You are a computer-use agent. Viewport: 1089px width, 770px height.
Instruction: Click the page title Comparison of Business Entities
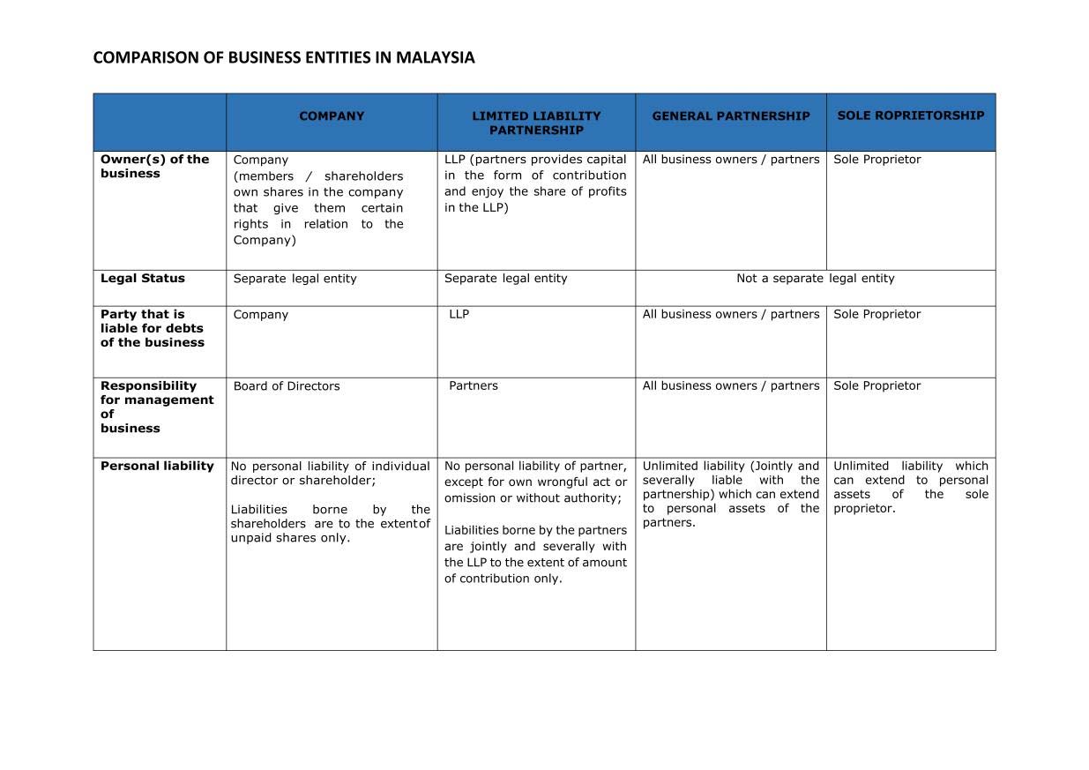point(283,58)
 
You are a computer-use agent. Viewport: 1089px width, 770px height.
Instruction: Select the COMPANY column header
point(332,116)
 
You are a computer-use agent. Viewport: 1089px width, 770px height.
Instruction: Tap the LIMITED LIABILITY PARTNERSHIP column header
point(536,123)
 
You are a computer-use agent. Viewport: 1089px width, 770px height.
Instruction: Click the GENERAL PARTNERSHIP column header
point(730,116)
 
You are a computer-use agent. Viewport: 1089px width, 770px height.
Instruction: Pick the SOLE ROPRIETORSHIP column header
point(910,115)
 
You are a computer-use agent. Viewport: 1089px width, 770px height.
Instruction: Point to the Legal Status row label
point(143,278)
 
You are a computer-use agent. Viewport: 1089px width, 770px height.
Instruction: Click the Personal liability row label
point(157,466)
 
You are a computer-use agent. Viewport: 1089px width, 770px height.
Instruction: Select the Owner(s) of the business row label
point(154,166)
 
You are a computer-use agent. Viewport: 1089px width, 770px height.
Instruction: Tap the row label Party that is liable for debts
point(152,328)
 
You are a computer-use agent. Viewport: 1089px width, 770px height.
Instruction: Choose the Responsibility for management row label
point(156,407)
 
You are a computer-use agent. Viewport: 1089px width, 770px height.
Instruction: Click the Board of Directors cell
point(287,385)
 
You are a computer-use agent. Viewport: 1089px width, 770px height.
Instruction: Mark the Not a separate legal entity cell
point(815,278)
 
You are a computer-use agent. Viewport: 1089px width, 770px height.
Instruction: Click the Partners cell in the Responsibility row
point(474,385)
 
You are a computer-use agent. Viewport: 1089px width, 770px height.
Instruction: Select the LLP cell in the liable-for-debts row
point(459,314)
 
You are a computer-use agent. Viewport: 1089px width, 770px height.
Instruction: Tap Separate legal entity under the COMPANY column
point(295,278)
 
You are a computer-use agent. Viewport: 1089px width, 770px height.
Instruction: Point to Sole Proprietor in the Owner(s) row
point(876,160)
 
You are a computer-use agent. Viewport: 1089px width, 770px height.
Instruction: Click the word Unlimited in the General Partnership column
point(669,466)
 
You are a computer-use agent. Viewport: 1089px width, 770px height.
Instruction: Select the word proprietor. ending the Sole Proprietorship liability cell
point(864,508)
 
